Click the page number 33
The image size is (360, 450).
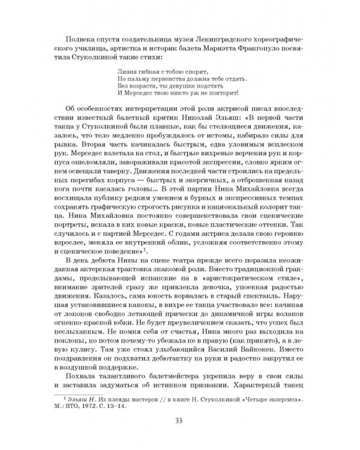(x=180, y=420)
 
